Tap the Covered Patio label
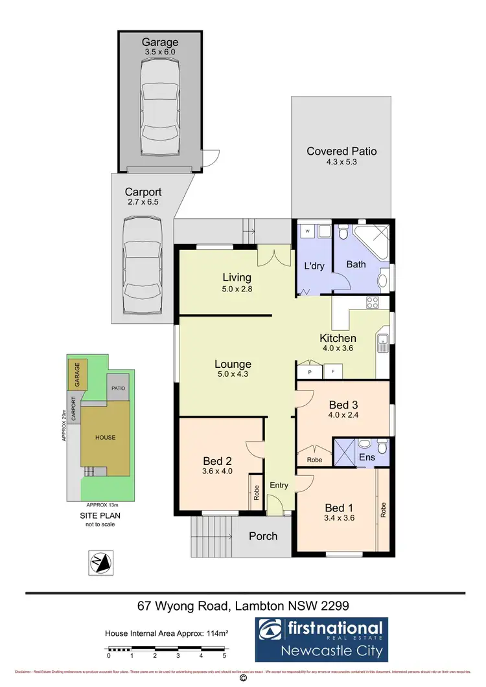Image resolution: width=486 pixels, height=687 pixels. click(341, 152)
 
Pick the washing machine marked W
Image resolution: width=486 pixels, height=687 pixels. click(307, 231)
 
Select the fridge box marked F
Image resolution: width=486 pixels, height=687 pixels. click(333, 372)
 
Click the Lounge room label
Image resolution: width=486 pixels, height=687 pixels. click(233, 364)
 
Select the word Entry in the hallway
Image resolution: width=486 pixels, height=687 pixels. click(279, 485)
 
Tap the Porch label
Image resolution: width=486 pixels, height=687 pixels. click(263, 535)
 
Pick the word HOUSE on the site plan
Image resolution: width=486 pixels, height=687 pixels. click(106, 437)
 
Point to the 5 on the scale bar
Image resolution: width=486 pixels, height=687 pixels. click(224, 657)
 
